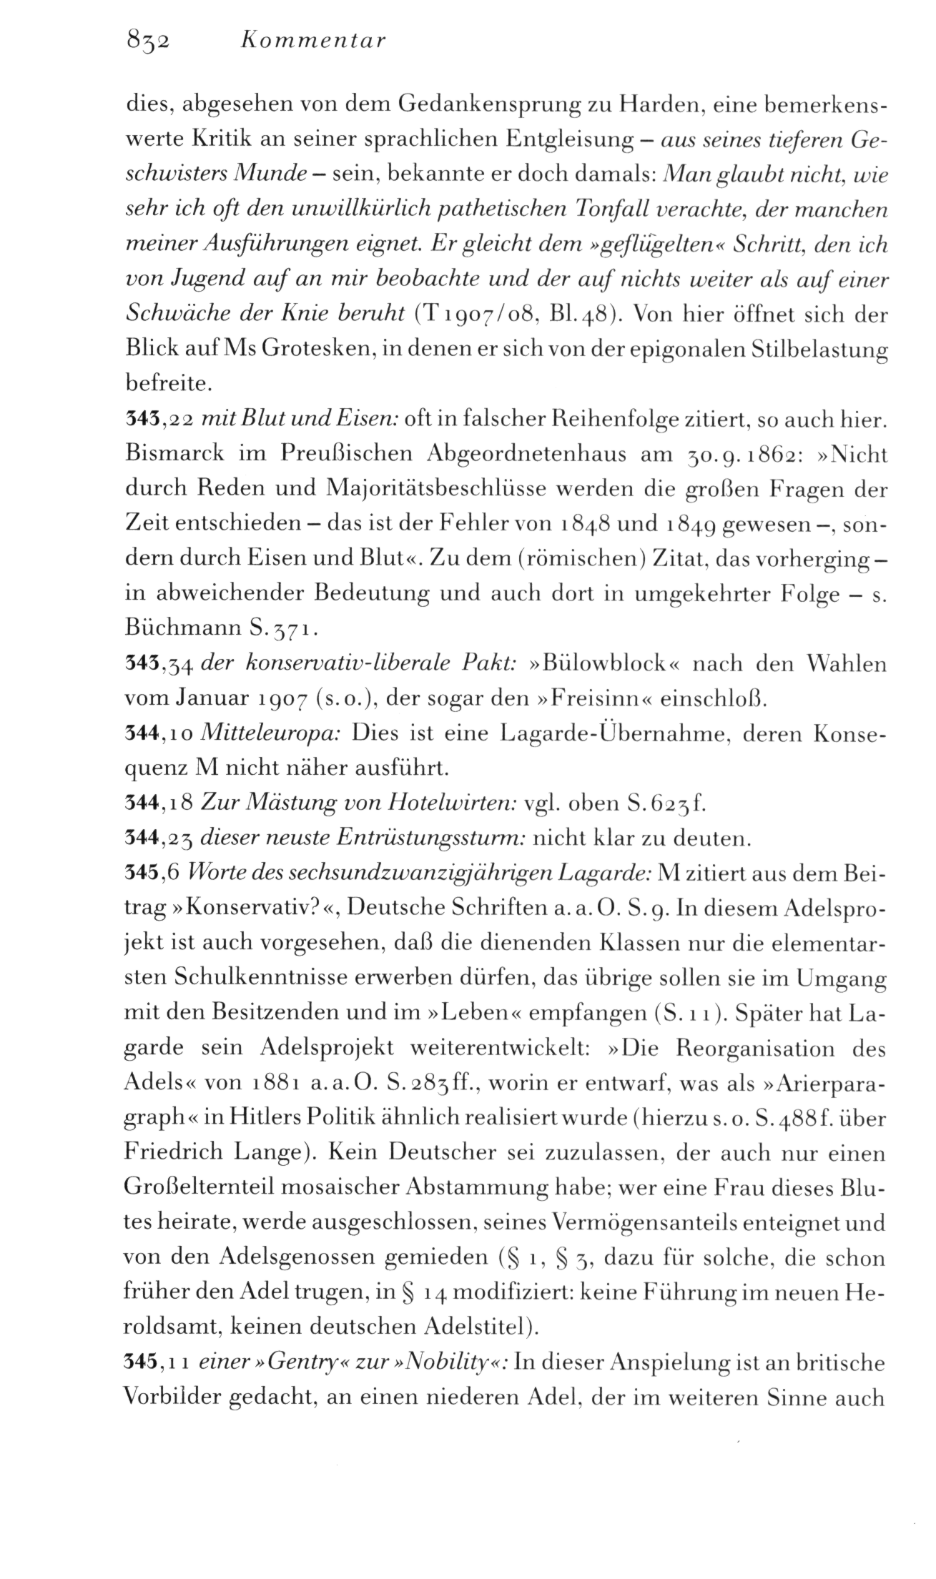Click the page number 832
coord(145,41)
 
